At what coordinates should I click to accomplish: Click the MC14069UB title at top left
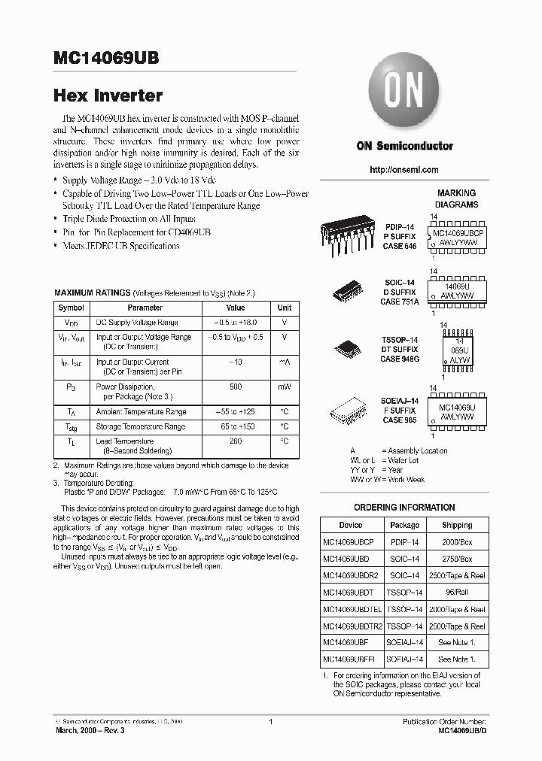tap(105, 59)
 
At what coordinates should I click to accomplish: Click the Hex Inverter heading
tap(108, 96)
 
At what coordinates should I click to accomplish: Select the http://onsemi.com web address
tap(404, 170)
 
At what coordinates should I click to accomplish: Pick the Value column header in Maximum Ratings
tap(236, 308)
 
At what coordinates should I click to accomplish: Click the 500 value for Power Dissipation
tap(236, 386)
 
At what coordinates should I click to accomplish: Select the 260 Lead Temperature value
tap(236, 441)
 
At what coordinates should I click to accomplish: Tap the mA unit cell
tap(285, 362)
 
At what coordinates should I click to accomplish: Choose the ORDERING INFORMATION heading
tap(404, 508)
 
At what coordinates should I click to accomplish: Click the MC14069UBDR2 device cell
tap(351, 575)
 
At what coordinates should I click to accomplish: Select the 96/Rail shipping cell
tap(457, 593)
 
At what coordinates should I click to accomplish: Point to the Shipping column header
tap(457, 526)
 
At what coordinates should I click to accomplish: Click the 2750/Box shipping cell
tap(457, 559)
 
